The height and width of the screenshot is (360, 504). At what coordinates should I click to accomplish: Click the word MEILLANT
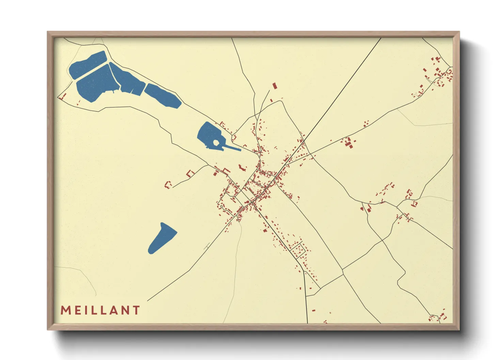point(100,310)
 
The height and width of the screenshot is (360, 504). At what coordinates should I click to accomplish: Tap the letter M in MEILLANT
point(65,310)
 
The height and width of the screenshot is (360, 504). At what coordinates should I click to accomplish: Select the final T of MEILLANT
point(137,310)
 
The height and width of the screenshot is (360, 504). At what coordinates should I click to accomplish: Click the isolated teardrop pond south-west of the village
point(162,239)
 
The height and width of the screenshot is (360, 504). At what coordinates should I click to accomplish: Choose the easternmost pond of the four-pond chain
point(163,95)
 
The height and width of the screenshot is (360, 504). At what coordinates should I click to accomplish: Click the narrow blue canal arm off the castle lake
point(232,148)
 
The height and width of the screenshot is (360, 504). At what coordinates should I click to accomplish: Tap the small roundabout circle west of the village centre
point(221,206)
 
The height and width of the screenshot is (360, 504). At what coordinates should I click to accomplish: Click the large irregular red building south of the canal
point(242,168)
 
